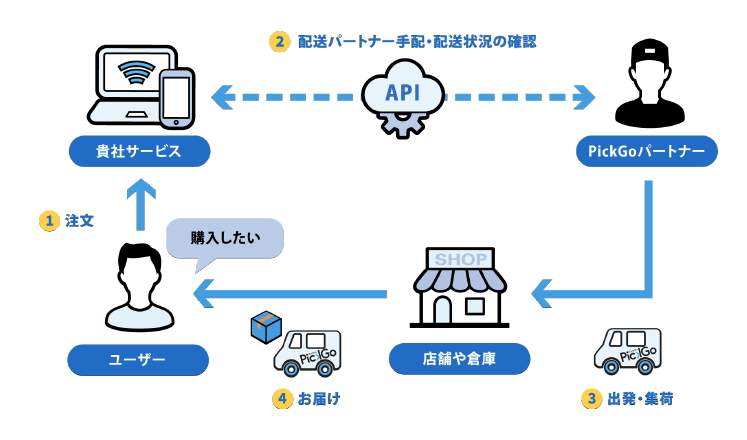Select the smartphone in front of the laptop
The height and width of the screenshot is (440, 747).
pyautogui.click(x=176, y=97)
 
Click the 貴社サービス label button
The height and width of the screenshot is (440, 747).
pyautogui.click(x=140, y=151)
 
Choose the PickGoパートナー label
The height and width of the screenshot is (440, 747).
pyautogui.click(x=647, y=151)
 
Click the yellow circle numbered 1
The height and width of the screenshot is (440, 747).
pyautogui.click(x=47, y=220)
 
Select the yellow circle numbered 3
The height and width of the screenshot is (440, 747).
pyautogui.click(x=592, y=398)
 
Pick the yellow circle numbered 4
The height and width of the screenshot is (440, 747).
pyautogui.click(x=283, y=398)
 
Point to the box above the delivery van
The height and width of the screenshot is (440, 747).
pyautogui.click(x=266, y=323)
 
